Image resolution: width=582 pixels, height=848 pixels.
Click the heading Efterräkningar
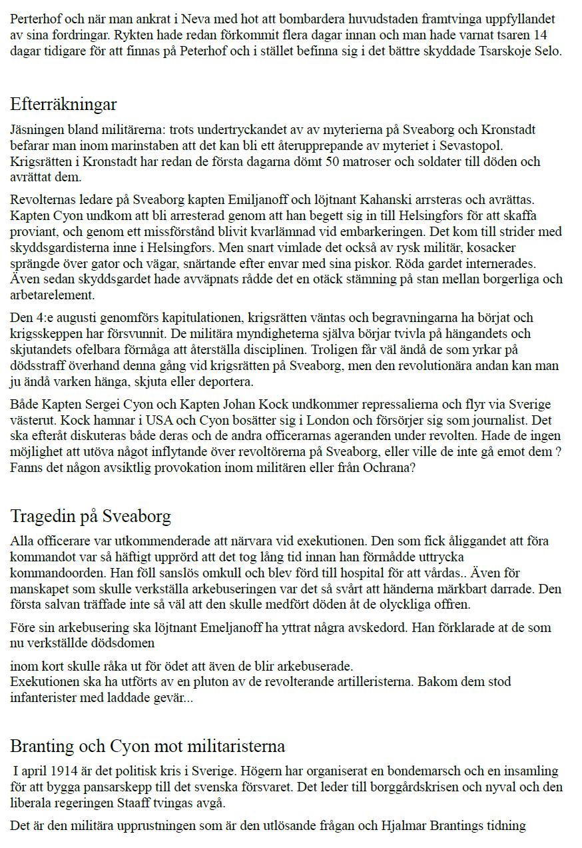(64, 105)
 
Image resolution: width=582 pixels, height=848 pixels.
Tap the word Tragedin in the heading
(42, 516)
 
